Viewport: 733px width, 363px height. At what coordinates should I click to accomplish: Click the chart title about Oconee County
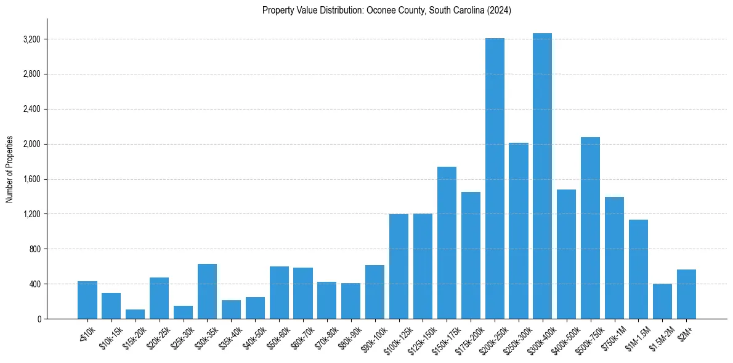387,10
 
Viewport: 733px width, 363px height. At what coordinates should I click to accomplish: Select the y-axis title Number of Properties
10,169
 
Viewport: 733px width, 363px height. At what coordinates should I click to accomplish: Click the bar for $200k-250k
495,178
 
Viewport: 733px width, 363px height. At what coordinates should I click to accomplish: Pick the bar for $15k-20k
136,314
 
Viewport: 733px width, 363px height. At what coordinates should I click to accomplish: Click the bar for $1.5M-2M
662,301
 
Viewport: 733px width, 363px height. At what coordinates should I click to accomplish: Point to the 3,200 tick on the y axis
31,39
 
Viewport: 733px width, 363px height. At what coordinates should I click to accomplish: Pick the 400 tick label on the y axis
34,284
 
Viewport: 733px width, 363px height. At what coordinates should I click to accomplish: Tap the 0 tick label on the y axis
39,319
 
